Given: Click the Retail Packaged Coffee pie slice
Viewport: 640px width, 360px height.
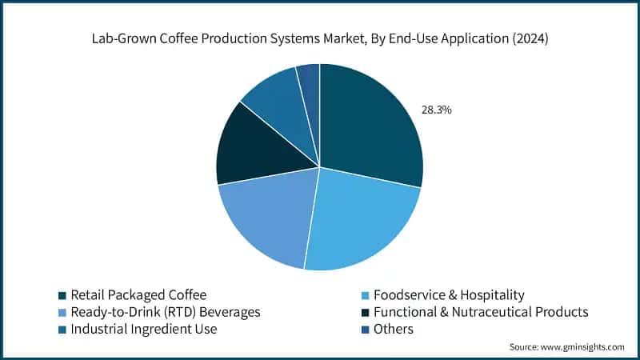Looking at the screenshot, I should [368, 128].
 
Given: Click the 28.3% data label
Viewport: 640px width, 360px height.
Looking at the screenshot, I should [437, 110].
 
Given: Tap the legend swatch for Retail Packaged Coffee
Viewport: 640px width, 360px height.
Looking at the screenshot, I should [62, 294].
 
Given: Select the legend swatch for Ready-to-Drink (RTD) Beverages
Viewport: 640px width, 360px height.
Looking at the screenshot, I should [62, 312].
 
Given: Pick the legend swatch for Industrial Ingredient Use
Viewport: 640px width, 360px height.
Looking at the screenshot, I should [62, 329].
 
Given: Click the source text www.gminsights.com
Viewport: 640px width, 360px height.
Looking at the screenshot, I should [583, 347].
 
